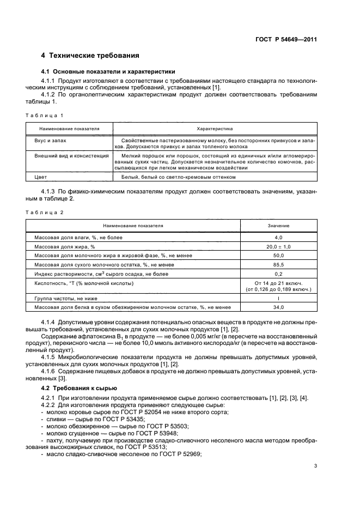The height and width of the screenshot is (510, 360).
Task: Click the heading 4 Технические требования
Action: [x=90, y=56]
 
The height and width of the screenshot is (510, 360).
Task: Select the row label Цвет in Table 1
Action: [x=41, y=177]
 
